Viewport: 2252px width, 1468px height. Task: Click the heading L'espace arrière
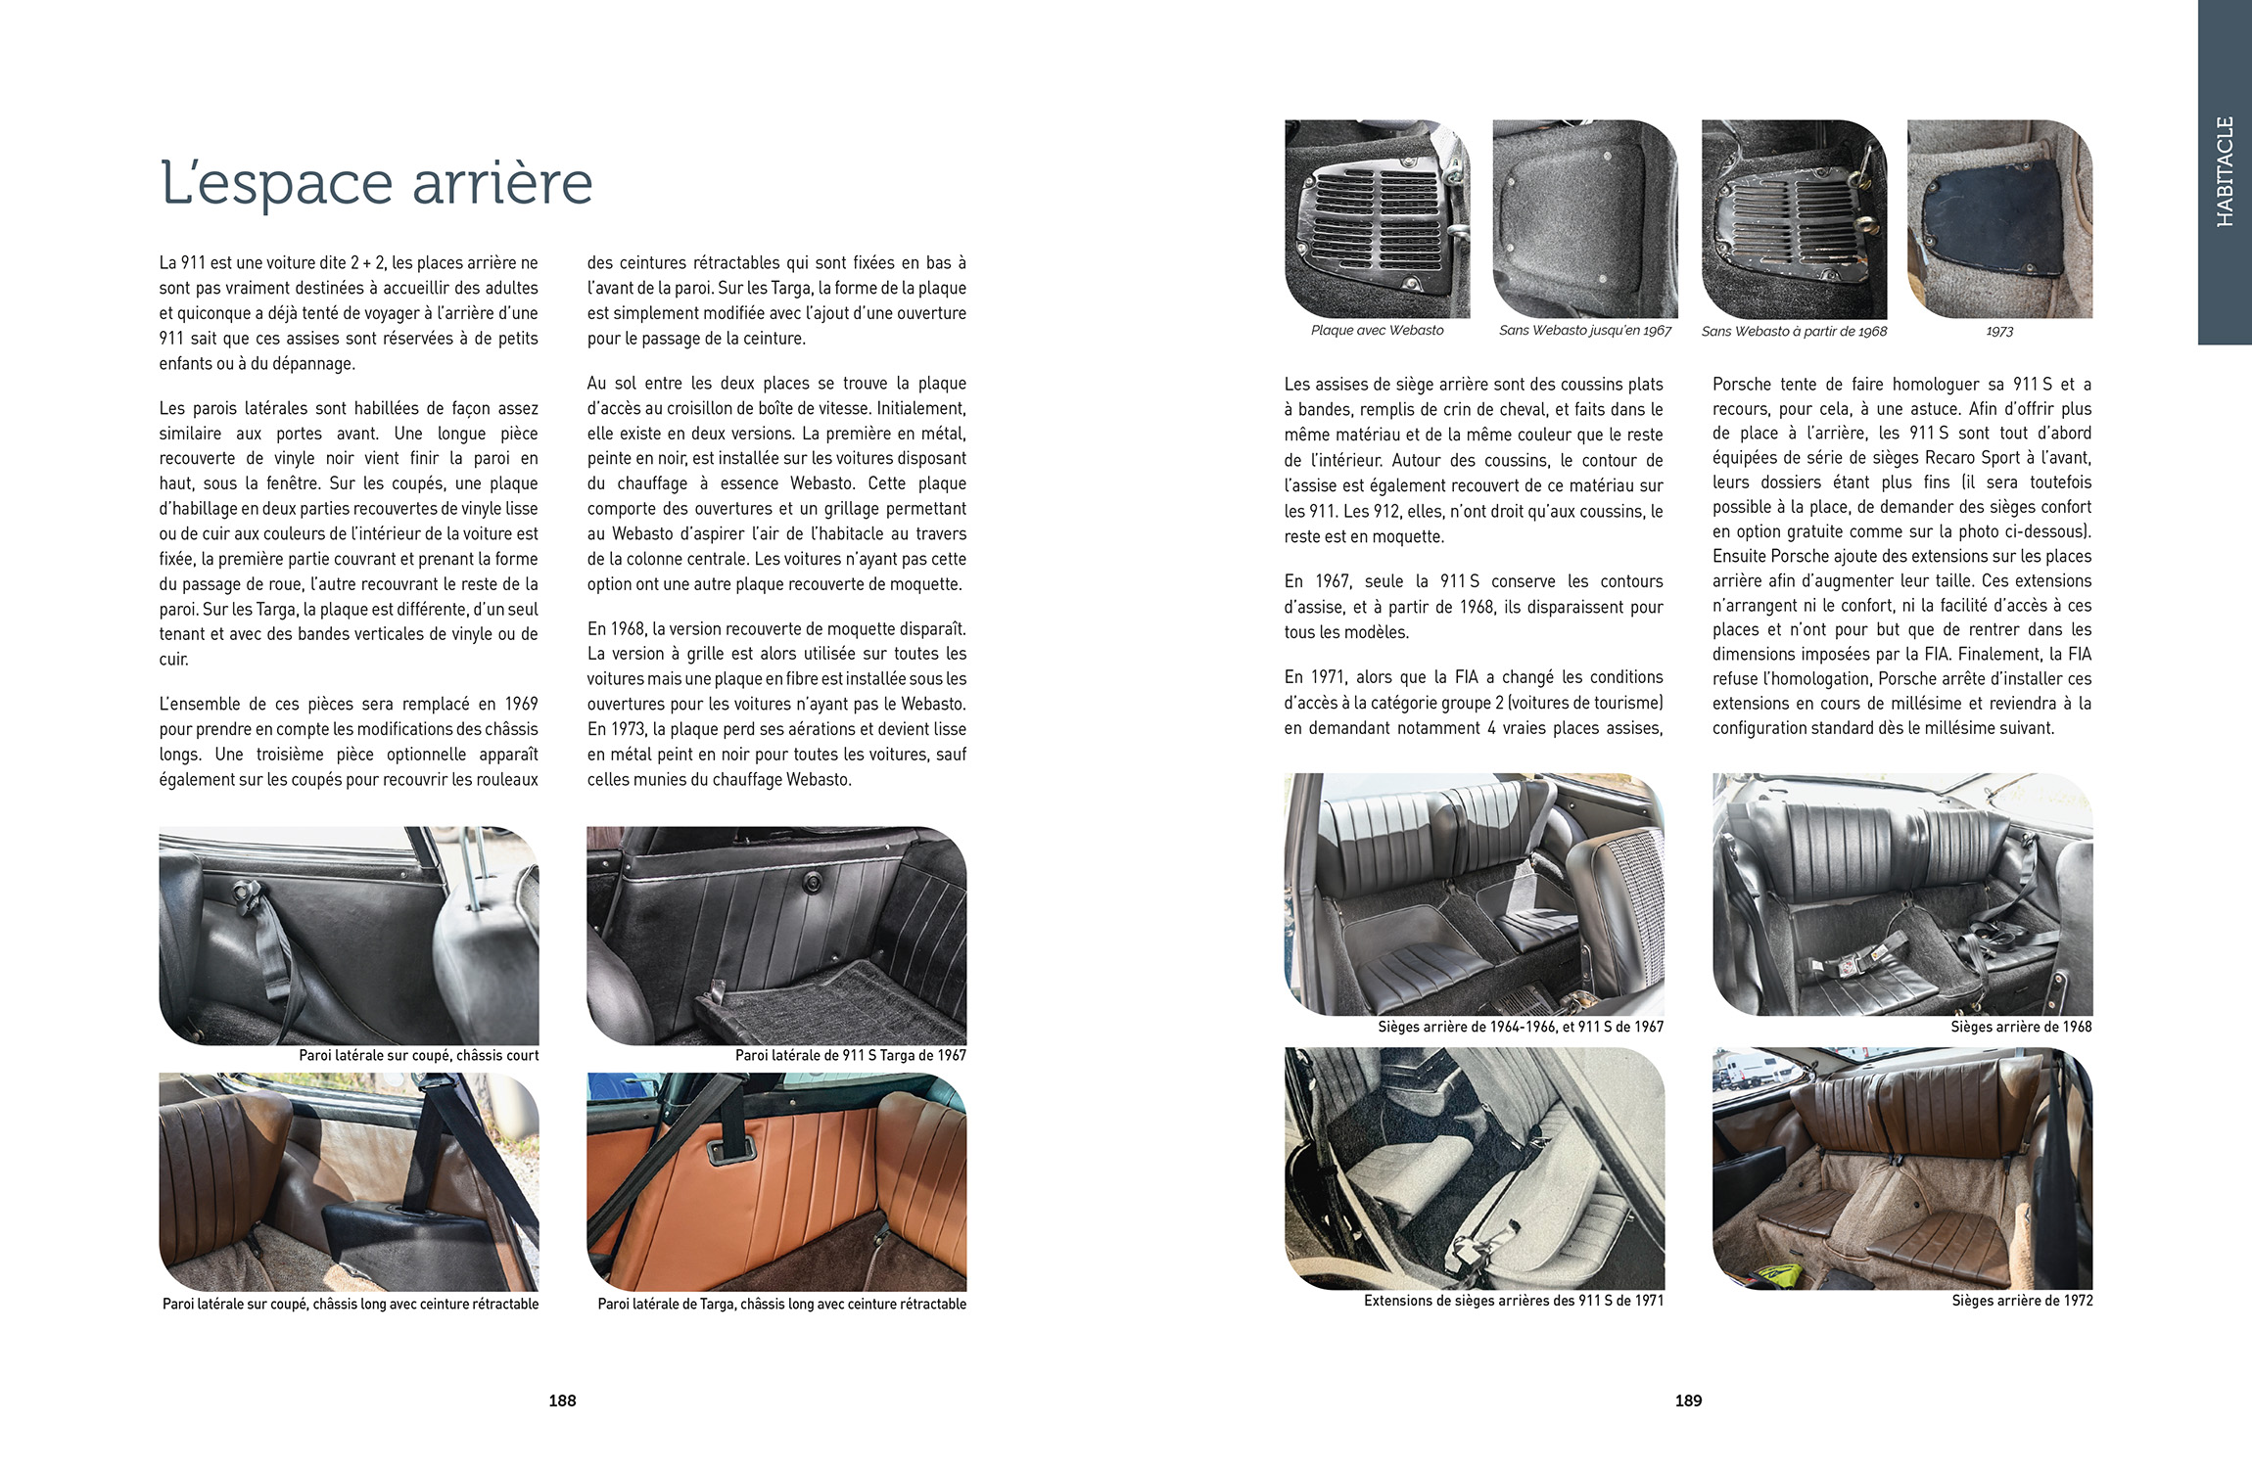point(376,183)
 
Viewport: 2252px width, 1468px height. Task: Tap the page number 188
point(562,1400)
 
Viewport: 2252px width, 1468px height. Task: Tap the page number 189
point(1688,1400)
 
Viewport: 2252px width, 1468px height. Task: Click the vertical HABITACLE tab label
point(2225,172)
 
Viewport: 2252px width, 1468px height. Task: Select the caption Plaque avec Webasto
point(1377,331)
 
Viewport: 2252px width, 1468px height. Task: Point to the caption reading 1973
point(1999,332)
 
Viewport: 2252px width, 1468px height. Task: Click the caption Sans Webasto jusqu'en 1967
point(1584,331)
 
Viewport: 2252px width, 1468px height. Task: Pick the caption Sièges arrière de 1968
point(2020,1027)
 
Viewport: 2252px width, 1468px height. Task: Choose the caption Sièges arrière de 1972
point(2021,1301)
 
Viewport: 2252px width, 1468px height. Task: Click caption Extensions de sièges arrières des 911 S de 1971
point(1513,1301)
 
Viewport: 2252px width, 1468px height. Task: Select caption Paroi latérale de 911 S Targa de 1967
point(850,1055)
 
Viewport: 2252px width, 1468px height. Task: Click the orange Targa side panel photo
point(775,1181)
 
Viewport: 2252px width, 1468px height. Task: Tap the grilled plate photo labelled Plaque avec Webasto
point(1377,219)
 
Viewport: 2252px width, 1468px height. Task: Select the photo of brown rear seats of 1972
point(1901,1169)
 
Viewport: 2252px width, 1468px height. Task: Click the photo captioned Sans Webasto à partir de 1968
point(1793,219)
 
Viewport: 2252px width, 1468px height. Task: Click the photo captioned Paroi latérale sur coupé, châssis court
point(349,936)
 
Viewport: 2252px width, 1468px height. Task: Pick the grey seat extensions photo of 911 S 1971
point(1474,1169)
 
